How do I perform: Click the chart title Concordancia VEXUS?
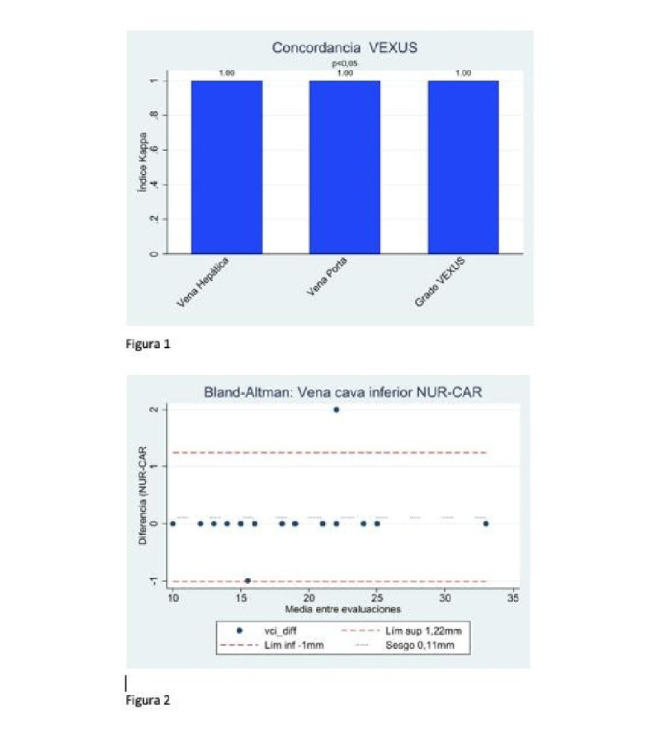click(x=345, y=48)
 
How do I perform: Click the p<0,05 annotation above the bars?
click(x=345, y=63)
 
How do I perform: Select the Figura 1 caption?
click(x=148, y=345)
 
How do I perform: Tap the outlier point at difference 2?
click(x=336, y=410)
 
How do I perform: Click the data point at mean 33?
click(x=486, y=524)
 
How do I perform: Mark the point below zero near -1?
click(x=247, y=580)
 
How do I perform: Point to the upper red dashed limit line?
click(x=330, y=453)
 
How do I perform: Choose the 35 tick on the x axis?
click(x=513, y=597)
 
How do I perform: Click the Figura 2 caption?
click(x=148, y=701)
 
